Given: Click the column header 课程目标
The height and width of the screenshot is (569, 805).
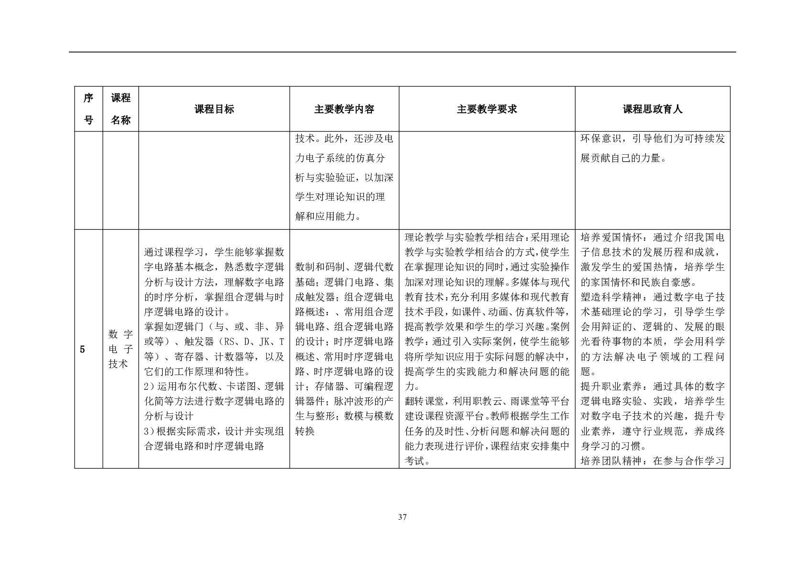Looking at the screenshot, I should click(x=214, y=109).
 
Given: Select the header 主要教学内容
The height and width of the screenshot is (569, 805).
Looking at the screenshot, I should click(x=344, y=109).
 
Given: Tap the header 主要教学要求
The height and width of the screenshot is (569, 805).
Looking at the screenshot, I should click(x=487, y=109).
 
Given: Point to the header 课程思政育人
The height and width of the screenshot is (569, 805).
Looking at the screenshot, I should click(x=652, y=109).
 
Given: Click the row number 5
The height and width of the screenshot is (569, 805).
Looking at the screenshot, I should click(x=82, y=349).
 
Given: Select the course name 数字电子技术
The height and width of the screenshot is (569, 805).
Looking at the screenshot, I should click(x=120, y=349).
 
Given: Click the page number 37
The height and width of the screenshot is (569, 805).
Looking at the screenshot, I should click(x=402, y=517).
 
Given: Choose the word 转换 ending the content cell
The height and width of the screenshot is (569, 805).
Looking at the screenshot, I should click(x=305, y=431).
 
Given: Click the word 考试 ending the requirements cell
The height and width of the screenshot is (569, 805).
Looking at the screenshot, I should click(x=414, y=462).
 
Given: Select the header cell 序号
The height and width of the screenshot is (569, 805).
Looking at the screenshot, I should click(x=88, y=109).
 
